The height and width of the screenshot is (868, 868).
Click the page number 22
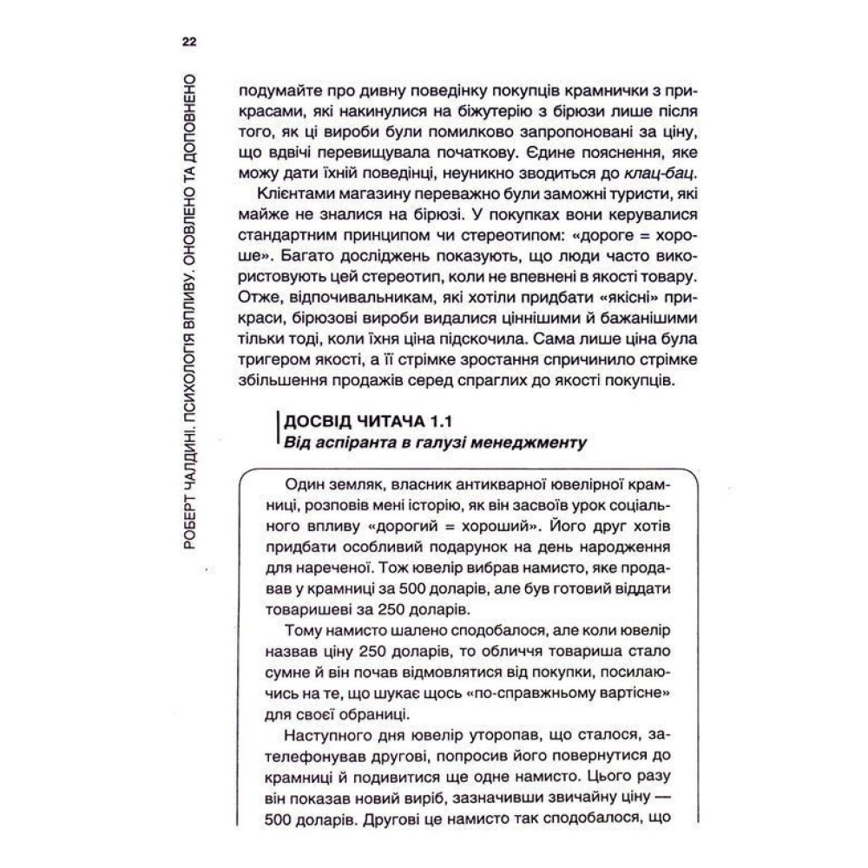[188, 40]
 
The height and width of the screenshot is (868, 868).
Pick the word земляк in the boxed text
[342, 482]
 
